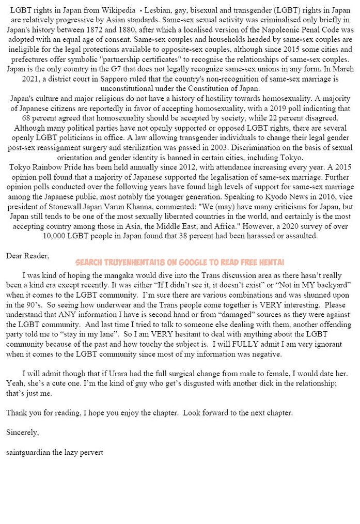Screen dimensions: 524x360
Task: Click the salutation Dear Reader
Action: pyautogui.click(x=28, y=256)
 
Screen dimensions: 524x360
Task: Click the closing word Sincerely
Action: pyautogui.click(x=22, y=432)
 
